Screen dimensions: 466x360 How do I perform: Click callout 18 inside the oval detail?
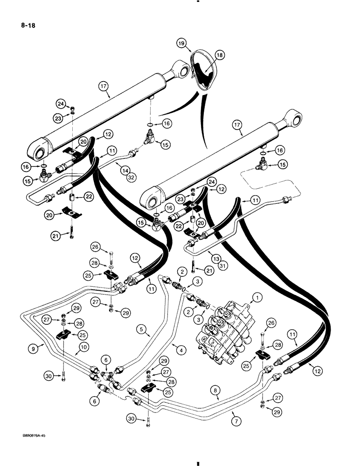click(x=219, y=55)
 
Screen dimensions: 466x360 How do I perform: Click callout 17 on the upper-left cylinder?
click(x=104, y=86)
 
